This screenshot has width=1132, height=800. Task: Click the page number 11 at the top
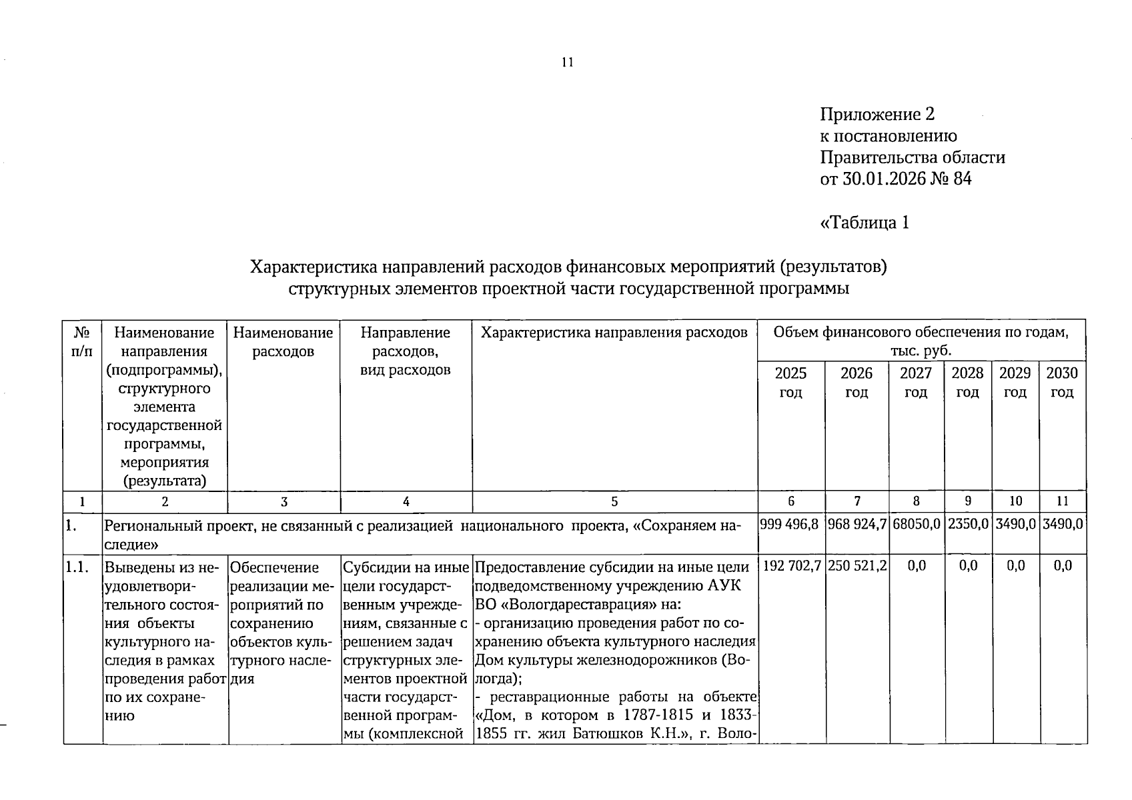click(x=568, y=63)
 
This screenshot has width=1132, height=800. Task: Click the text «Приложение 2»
click(x=877, y=115)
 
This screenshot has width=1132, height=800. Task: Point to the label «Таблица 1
click(x=864, y=222)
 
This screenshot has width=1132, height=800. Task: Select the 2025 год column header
click(x=790, y=382)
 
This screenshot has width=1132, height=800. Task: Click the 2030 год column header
click(x=1061, y=382)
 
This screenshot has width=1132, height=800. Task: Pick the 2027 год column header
click(x=916, y=382)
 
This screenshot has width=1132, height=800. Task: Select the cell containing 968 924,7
click(x=857, y=525)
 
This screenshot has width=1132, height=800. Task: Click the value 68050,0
click(x=917, y=525)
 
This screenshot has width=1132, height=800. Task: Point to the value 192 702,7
click(x=791, y=566)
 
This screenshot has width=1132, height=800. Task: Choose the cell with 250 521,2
click(x=857, y=566)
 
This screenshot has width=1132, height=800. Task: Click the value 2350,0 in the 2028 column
click(x=968, y=525)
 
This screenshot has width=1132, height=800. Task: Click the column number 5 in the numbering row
click(x=614, y=502)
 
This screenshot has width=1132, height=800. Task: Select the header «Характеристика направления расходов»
click(x=614, y=333)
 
